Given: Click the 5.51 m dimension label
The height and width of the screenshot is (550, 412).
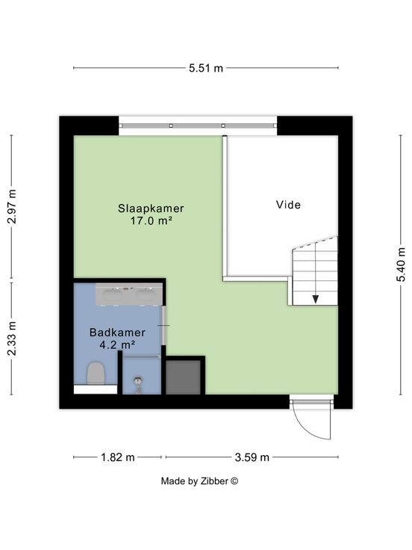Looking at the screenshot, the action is [206, 68].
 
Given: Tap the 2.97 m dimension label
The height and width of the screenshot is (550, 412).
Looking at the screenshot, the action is [12, 206].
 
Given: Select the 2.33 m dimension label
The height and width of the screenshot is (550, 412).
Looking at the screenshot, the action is [12, 339].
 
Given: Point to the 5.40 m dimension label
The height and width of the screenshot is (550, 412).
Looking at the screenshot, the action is [401, 265].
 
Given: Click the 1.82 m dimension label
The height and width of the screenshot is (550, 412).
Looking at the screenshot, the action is [118, 457].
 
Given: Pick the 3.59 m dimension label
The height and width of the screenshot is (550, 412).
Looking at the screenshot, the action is [252, 457].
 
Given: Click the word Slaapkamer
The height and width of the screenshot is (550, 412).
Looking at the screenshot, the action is [151, 208].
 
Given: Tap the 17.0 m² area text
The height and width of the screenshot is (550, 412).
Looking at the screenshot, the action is [151, 220].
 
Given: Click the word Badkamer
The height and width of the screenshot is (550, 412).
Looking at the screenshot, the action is [117, 333].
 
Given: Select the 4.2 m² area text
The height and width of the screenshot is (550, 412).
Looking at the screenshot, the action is [117, 344].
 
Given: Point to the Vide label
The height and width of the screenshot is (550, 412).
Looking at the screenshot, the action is [288, 205].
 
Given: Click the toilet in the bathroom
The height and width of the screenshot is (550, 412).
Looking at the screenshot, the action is [96, 373].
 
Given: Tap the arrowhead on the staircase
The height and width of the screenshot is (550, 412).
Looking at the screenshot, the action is [316, 299].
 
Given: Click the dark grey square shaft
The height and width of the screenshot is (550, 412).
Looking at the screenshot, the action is [184, 377].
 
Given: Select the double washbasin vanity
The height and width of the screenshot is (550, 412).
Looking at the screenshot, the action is [129, 295].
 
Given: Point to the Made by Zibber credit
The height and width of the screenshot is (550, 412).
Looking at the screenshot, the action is [199, 481].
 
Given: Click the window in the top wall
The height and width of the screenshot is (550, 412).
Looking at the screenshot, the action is [198, 126].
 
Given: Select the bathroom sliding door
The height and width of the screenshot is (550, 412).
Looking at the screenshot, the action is [163, 326].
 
